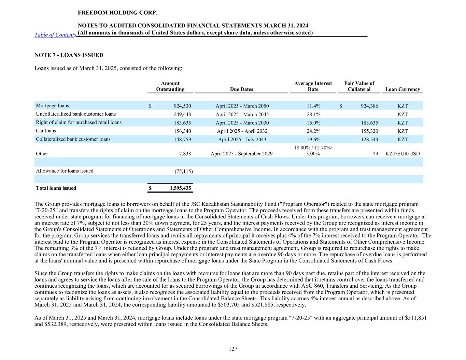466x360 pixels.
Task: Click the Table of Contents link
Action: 55,35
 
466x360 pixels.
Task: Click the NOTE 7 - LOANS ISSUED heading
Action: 69,55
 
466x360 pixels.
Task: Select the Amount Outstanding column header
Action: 170,86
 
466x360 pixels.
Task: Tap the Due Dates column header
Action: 241,89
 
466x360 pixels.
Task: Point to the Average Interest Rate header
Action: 313,86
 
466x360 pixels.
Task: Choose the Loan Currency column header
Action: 403,89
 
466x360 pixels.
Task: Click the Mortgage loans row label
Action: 52,106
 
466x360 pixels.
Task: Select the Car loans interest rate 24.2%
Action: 313,131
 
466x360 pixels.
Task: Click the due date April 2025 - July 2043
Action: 242,140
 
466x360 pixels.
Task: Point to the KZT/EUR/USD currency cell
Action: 403,154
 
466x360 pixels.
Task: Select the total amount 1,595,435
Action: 180,188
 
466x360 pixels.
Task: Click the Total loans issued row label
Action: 56,188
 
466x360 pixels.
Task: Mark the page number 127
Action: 233,349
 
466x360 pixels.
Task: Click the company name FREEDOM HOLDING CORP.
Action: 117,13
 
